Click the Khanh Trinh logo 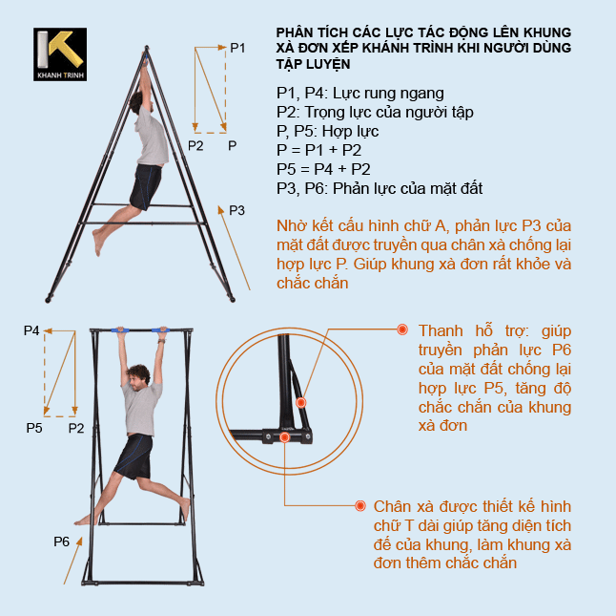pos(60,54)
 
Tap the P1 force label pos(238,47)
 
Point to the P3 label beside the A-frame pos(237,210)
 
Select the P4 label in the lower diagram pos(31,330)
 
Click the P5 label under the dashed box pos(34,429)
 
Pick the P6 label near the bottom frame pos(62,542)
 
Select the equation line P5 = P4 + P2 pos(323,169)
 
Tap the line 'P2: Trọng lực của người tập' pos(374,112)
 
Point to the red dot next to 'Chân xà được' pos(359,505)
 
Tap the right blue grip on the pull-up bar pos(161,330)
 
